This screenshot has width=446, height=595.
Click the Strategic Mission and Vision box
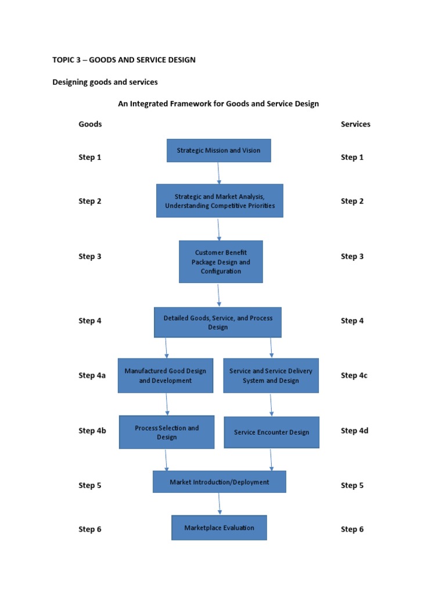coord(219,150)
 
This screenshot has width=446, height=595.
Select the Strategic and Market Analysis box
coord(220,201)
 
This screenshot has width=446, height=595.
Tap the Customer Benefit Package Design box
coord(221,262)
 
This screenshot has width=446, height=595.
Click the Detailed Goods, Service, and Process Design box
coord(218,322)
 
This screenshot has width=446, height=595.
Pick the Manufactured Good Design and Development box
coord(166,375)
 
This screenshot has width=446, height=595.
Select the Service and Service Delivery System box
coord(271,375)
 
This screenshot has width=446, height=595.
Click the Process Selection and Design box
coord(167,432)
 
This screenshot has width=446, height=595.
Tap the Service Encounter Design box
coord(271,432)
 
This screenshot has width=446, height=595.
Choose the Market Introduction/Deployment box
coord(220,482)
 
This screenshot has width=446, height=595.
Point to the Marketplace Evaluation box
coord(219,528)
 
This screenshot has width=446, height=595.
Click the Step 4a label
coord(92,375)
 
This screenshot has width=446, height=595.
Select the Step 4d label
coord(354,431)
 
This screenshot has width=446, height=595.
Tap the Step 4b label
coord(92,431)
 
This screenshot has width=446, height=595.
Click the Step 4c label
coord(354,375)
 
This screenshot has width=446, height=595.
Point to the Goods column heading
coord(90,124)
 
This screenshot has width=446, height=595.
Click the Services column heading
coord(355,124)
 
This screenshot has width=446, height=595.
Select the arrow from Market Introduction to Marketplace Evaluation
coord(220,504)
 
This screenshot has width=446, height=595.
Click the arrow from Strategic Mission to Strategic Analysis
coord(219,173)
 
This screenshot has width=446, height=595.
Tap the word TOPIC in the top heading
coord(64,60)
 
